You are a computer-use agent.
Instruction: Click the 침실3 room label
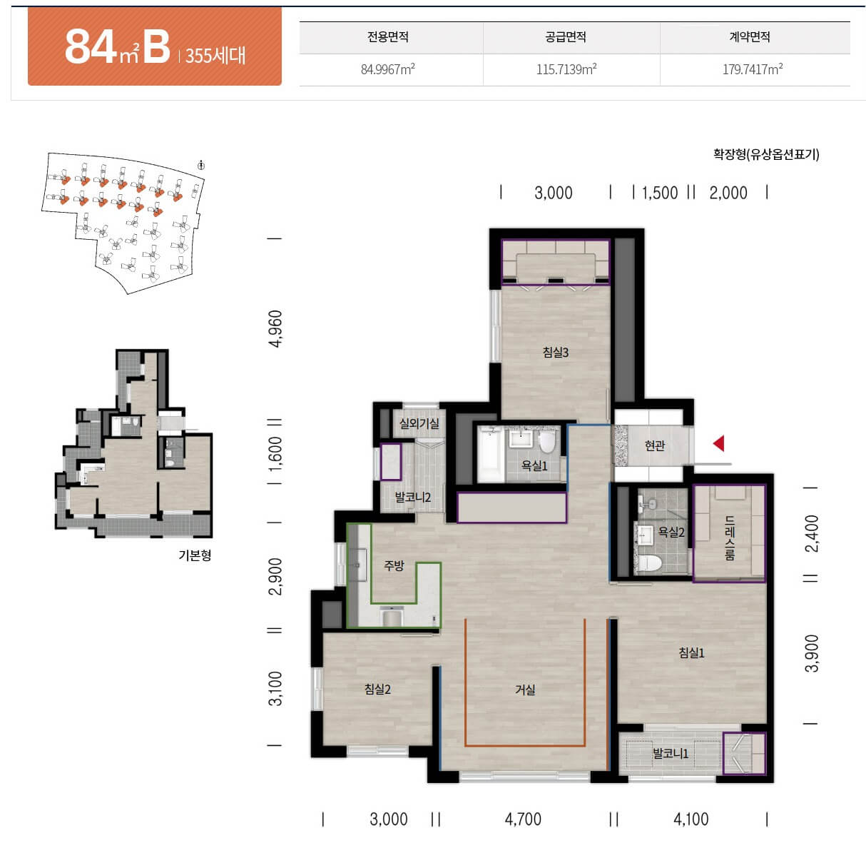click(x=556, y=353)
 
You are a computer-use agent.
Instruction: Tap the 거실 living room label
click(x=525, y=690)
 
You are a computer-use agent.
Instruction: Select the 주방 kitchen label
click(x=394, y=565)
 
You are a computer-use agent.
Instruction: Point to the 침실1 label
click(x=691, y=653)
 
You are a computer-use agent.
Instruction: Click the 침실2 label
click(x=377, y=689)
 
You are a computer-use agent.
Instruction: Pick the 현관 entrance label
click(x=655, y=445)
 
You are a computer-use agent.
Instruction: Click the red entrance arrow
click(x=719, y=443)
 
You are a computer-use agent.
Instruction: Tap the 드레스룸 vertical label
click(x=730, y=537)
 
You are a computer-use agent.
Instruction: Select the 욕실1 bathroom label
click(x=534, y=465)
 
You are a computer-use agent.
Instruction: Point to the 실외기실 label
click(x=419, y=423)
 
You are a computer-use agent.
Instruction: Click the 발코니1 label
click(x=671, y=754)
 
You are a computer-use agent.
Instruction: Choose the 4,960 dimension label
click(x=276, y=328)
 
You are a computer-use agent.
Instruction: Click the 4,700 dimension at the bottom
click(x=523, y=819)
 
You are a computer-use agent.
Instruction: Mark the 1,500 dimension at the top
click(x=660, y=193)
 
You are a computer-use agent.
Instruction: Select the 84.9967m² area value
click(x=387, y=69)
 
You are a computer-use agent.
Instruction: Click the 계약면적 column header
click(x=750, y=36)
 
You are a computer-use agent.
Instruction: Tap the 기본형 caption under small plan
click(x=195, y=555)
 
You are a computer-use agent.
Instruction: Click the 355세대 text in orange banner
click(x=215, y=56)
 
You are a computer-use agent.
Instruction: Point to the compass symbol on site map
click(x=201, y=165)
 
